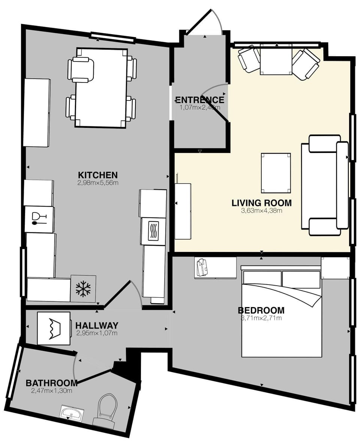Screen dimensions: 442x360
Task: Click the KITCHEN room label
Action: tap(97, 175)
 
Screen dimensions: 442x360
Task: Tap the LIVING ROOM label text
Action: tap(261, 203)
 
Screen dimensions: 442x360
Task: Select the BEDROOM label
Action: tap(261, 310)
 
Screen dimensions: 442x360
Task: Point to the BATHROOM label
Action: tap(51, 383)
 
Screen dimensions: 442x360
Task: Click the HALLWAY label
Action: tap(97, 325)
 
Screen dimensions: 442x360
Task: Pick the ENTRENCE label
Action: tap(199, 100)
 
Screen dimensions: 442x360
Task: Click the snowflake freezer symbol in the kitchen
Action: tap(83, 289)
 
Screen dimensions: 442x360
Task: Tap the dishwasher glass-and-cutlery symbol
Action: tap(39, 219)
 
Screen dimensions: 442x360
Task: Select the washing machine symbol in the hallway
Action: tap(54, 328)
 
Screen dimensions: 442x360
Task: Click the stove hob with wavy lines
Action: tap(153, 232)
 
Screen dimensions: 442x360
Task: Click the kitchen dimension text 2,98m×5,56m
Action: tap(97, 183)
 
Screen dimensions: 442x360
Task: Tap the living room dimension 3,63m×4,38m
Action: tap(261, 211)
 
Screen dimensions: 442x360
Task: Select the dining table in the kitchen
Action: tap(102, 88)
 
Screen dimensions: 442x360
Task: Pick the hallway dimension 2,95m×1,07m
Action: tap(97, 333)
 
